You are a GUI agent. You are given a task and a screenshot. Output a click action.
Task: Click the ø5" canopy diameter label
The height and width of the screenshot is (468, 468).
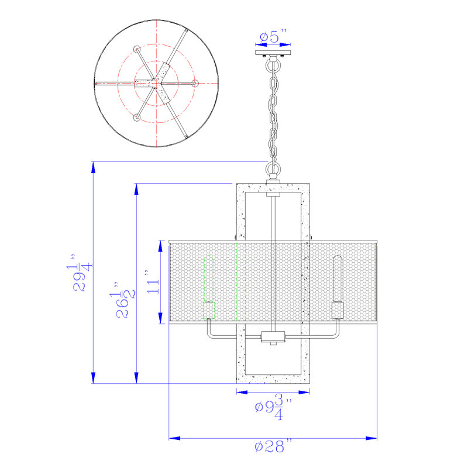(x=273, y=36)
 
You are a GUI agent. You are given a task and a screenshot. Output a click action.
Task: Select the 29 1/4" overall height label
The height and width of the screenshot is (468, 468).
(x=80, y=273)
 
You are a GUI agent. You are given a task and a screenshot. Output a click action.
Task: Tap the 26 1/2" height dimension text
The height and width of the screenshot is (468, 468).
(x=122, y=300)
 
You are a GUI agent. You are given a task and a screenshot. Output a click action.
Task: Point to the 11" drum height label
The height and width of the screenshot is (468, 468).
(x=153, y=282)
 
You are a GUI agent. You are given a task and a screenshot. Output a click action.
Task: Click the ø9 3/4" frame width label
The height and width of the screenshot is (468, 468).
(x=273, y=407)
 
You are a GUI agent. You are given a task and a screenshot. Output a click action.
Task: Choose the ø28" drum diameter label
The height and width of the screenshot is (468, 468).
(x=273, y=446)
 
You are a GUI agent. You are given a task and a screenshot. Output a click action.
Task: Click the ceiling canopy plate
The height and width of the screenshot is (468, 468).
(x=273, y=53)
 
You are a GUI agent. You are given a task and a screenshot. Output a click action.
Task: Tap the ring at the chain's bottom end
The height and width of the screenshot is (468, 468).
(x=273, y=170)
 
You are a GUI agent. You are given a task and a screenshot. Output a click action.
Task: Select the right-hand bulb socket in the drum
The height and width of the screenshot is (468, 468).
(x=338, y=311)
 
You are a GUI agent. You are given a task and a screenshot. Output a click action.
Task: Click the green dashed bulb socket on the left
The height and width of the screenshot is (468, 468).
(x=209, y=311)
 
